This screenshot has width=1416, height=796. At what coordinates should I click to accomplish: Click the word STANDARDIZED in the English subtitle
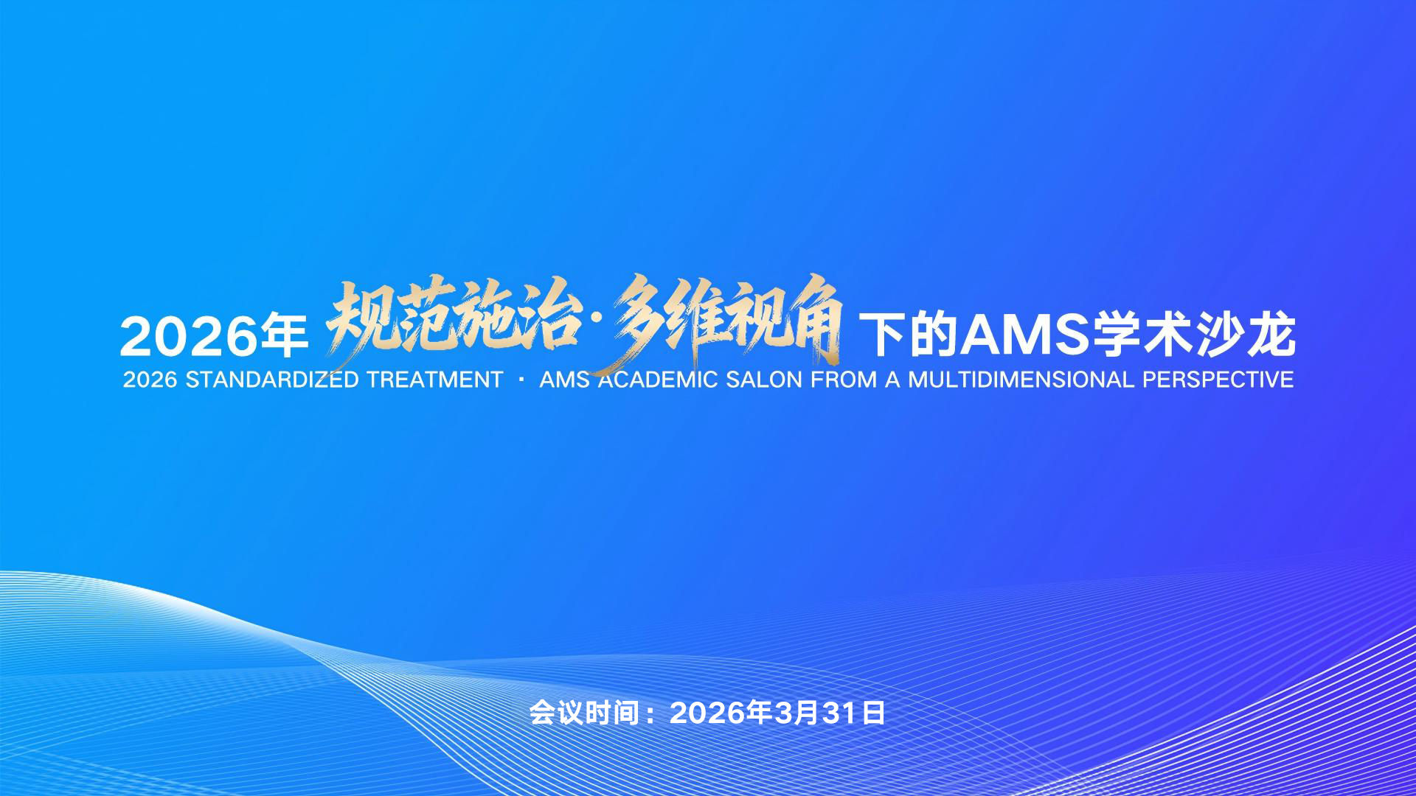click(273, 380)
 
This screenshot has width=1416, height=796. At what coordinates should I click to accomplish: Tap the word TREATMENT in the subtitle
click(434, 380)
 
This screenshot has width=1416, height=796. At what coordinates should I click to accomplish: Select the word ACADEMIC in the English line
click(658, 380)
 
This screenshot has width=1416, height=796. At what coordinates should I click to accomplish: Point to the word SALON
click(764, 380)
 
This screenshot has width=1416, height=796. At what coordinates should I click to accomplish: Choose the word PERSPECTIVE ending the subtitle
click(1218, 380)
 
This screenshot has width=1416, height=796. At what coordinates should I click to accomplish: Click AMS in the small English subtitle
click(565, 380)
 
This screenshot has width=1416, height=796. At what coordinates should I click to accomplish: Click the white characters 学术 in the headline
click(1142, 335)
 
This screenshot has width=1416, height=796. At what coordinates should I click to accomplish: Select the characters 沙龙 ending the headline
click(1246, 335)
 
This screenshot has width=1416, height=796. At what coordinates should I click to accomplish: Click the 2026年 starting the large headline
click(214, 336)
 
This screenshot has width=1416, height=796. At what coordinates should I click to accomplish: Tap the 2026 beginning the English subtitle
click(150, 380)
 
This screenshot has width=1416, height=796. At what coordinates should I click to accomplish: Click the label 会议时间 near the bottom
click(584, 713)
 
